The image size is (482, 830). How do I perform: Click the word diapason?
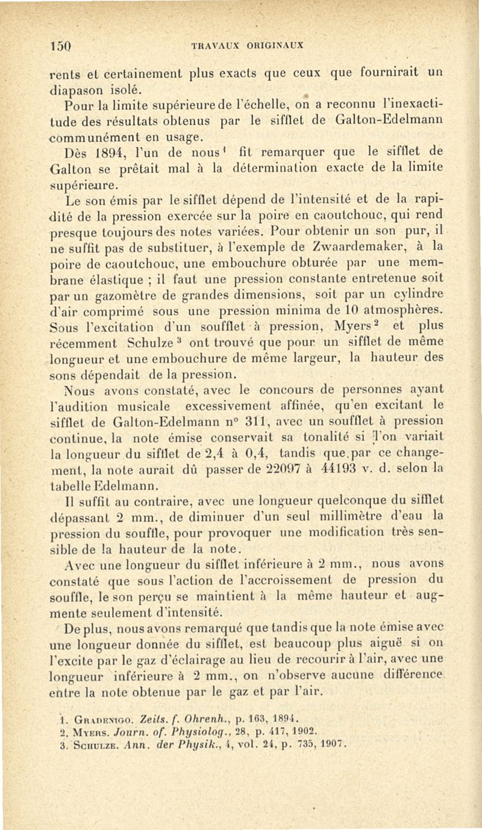click(x=75, y=90)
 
